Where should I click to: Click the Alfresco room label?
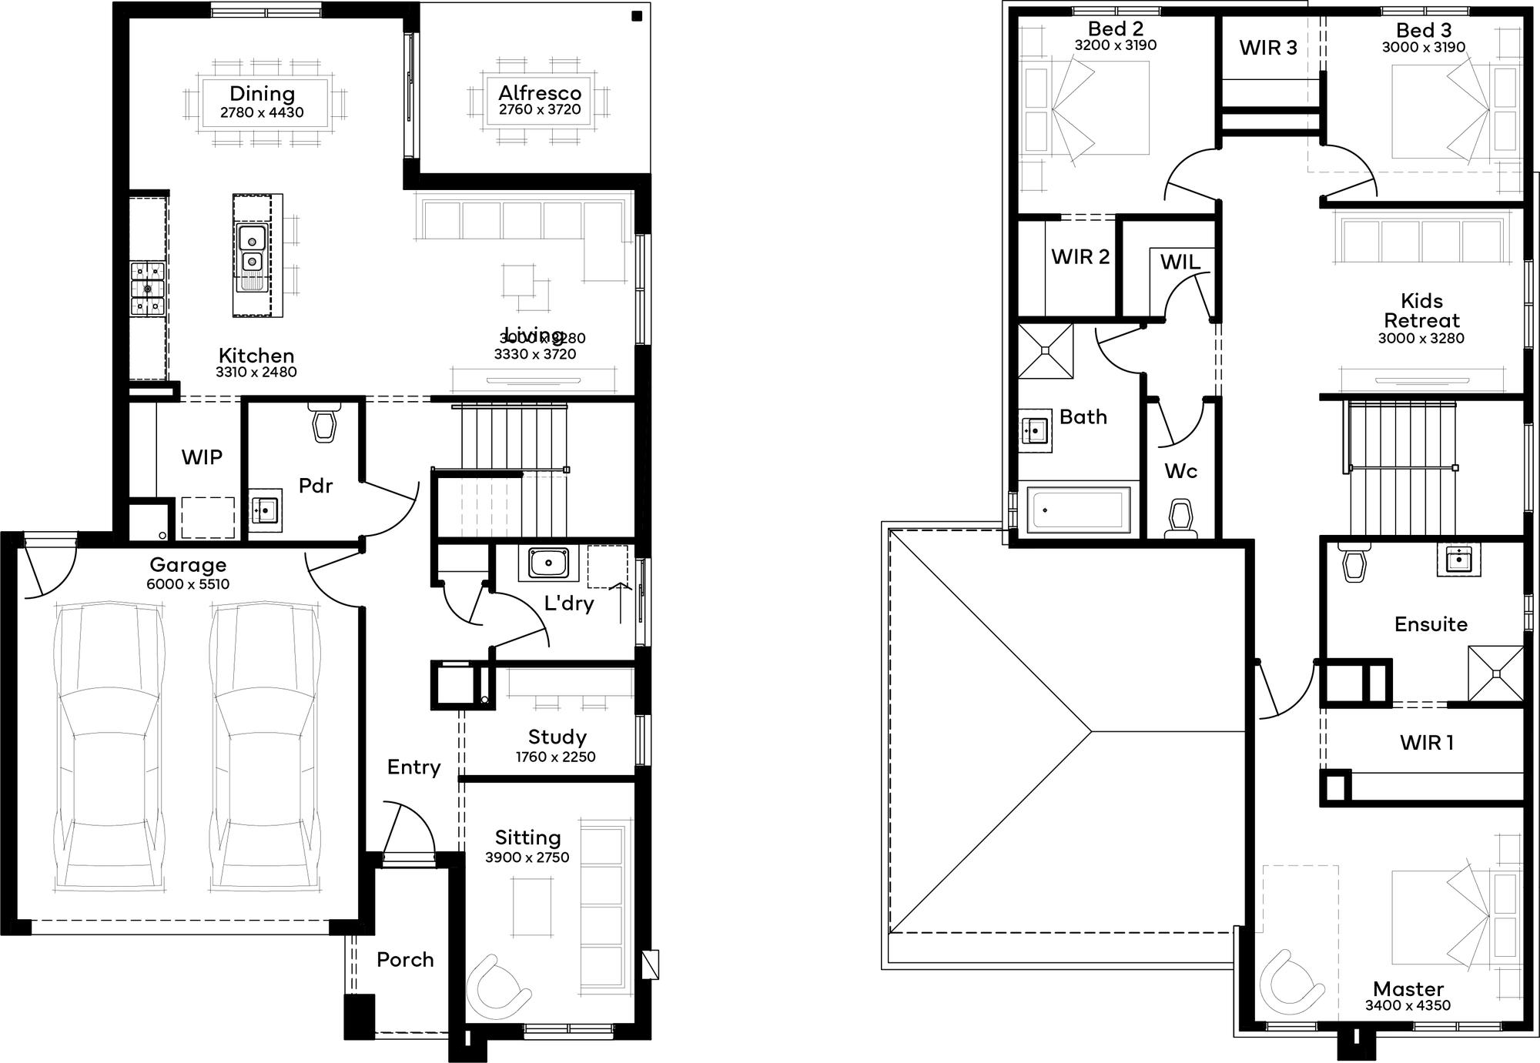539,92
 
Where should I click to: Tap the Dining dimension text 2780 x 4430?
262,112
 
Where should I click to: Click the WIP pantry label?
202,457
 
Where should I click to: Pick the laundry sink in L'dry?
548,563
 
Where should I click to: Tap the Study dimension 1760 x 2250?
555,757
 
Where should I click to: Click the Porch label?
405,960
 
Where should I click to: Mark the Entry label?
413,767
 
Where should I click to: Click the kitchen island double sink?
252,249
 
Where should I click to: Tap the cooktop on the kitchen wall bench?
148,289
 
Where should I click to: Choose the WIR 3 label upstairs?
1267,48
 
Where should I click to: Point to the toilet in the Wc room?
1180,518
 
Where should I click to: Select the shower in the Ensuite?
1495,674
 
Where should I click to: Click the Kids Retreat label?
1421,310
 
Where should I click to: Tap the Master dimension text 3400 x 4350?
1408,1005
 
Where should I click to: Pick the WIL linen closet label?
1180,262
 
